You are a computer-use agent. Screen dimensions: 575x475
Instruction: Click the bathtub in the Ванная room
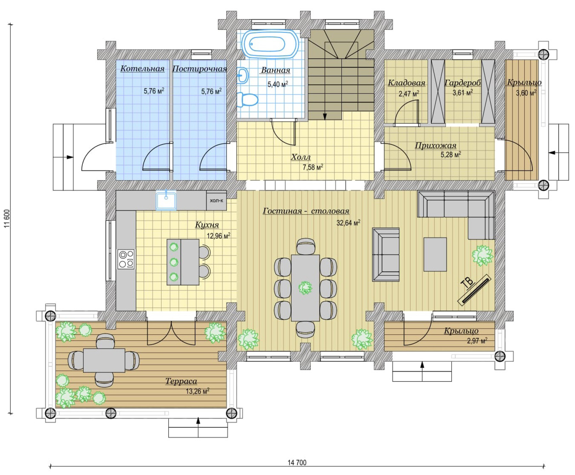point(270,44)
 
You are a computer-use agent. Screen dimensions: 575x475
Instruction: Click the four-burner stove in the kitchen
point(126,259)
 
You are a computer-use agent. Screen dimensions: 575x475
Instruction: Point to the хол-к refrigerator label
point(216,200)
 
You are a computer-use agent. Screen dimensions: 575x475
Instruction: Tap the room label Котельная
point(142,69)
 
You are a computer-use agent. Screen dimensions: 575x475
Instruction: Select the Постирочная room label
point(199,69)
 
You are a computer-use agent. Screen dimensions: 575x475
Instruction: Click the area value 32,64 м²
point(348,223)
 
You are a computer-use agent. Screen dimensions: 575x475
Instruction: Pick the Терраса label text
point(181,381)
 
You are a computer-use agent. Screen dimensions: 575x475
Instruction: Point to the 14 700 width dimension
point(297,463)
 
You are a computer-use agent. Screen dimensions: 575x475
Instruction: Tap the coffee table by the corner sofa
point(435,254)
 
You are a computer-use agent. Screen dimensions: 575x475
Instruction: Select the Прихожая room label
point(436,146)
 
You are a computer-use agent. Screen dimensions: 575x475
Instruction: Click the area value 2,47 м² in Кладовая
point(409,93)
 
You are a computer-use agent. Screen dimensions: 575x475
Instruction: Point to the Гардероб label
point(463,83)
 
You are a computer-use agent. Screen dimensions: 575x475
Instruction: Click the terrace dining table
point(104,360)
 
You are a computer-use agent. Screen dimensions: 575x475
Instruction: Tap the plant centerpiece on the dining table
point(305,288)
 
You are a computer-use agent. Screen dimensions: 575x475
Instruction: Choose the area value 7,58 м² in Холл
point(313,167)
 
